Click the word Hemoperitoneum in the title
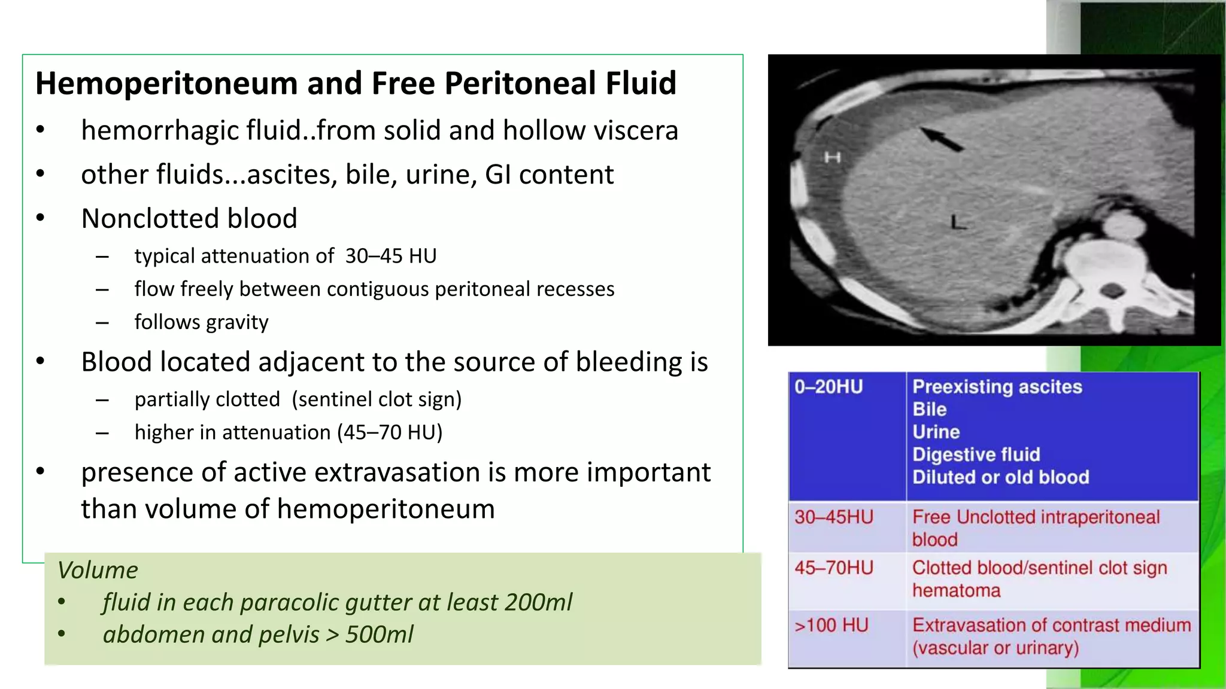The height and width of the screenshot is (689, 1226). [166, 83]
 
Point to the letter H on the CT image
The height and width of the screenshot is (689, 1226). [832, 157]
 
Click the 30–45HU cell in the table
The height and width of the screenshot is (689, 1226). [833, 517]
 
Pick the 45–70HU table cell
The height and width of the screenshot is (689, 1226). [833, 568]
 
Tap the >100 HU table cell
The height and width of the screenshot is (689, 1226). [831, 626]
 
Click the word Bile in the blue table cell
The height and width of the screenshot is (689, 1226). [929, 410]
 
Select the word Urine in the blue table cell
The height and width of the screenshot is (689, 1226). [936, 432]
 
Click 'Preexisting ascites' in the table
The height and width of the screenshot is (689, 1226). [997, 387]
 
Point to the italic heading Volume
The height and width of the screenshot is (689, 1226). [98, 570]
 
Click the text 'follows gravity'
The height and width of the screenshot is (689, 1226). [201, 322]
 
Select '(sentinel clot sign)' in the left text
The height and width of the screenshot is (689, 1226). [377, 400]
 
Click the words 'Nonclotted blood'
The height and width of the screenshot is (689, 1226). [189, 218]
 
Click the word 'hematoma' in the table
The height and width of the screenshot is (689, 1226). [956, 591]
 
